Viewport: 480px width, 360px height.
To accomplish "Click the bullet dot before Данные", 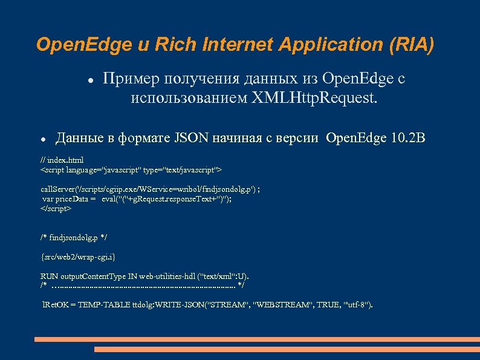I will tap(44, 139).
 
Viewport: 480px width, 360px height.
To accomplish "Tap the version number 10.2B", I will tap(408, 139).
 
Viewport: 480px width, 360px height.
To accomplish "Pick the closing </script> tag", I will tap(56, 208).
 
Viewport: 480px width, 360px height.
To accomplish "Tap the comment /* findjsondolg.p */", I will tap(74, 237).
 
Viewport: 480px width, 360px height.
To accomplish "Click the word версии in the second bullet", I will tap(299, 139).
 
